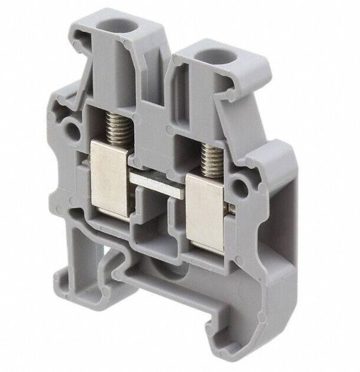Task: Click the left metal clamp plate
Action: tap(110, 177)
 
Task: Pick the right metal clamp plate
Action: tap(205, 212)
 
